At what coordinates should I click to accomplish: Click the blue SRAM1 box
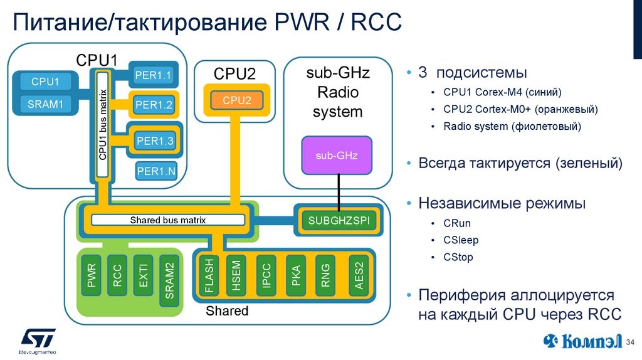coord(45,104)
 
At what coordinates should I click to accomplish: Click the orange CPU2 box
coord(237,100)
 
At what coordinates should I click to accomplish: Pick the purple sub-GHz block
coord(337,155)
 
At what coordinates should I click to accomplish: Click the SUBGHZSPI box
coord(339,221)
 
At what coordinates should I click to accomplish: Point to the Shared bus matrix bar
coord(168,220)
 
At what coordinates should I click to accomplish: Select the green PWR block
coord(92,280)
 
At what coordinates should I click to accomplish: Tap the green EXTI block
coord(143,280)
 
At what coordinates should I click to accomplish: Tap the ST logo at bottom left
coord(38,339)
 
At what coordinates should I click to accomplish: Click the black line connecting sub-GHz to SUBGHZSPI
coord(339,192)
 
